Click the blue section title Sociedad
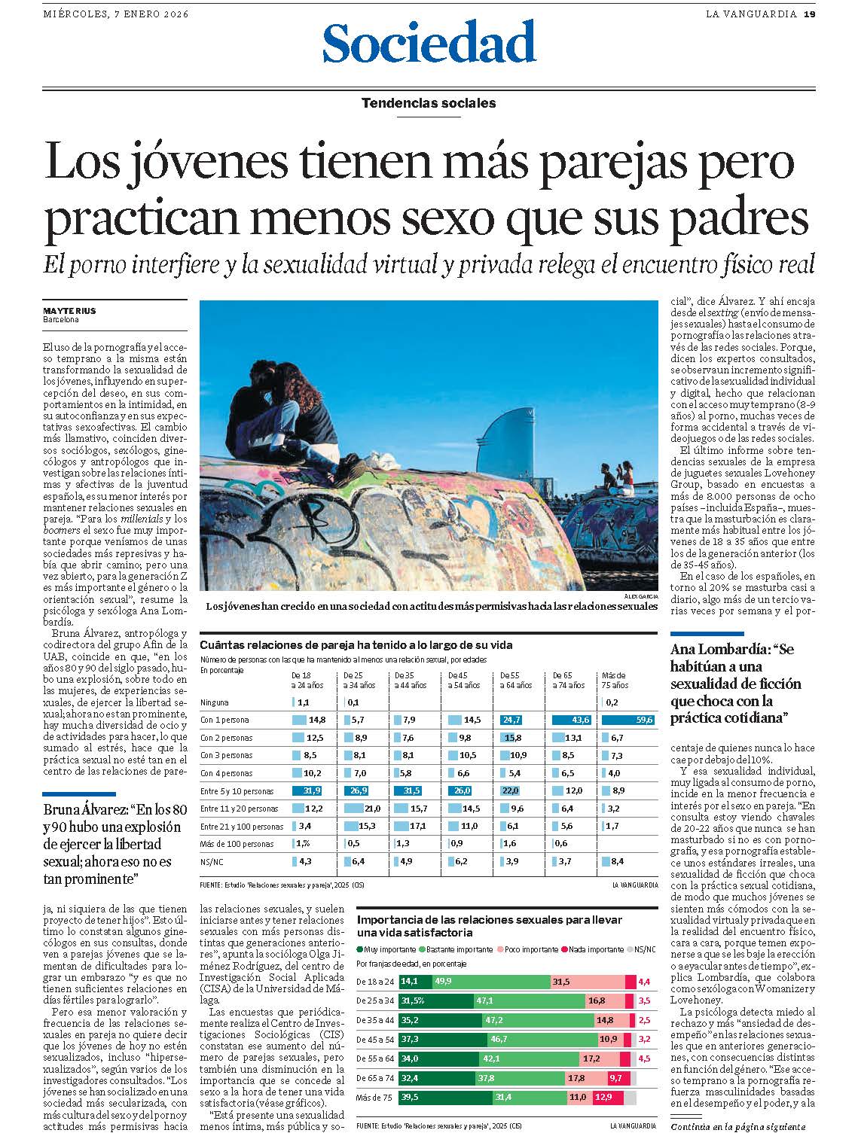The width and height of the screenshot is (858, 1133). [x=429, y=43]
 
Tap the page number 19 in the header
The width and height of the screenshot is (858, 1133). [x=809, y=14]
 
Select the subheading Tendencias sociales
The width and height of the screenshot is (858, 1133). [x=429, y=103]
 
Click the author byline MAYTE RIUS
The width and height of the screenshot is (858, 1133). [x=69, y=310]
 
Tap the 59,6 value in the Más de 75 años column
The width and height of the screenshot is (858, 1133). [x=644, y=720]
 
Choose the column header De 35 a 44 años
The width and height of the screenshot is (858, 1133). [x=411, y=680]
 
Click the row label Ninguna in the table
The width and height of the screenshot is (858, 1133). [x=215, y=702]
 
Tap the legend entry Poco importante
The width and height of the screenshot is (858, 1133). [x=531, y=949]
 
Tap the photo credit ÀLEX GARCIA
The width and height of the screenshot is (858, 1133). [x=641, y=596]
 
